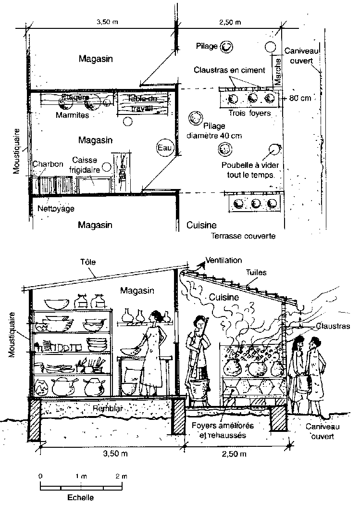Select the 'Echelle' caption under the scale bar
click(x=78, y=498)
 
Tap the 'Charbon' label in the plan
click(x=48, y=164)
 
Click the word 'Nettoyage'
click(x=56, y=209)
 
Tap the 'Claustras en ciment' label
click(x=229, y=70)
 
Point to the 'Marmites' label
click(x=72, y=115)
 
